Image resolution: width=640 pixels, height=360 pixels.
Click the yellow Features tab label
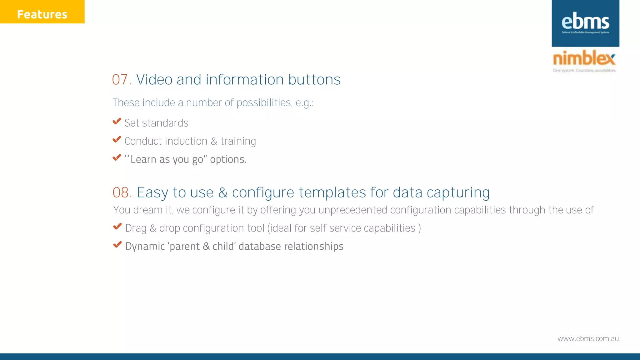pyautogui.click(x=42, y=14)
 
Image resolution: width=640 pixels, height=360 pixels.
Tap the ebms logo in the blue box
pyautogui.click(x=585, y=22)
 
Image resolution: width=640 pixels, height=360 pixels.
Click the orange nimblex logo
pyautogui.click(x=584, y=58)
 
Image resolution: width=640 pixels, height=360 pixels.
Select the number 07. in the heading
pyautogui.click(x=122, y=80)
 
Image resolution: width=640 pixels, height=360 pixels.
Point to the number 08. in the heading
pyautogui.click(x=122, y=192)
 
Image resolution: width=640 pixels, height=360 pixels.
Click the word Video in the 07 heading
pyautogui.click(x=154, y=80)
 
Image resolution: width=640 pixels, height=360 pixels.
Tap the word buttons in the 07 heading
pyautogui.click(x=314, y=80)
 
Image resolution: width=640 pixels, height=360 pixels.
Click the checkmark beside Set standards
pyautogui.click(x=117, y=121)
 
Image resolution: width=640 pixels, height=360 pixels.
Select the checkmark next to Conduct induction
pyautogui.click(x=117, y=139)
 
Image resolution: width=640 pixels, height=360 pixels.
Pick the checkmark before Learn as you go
pyautogui.click(x=117, y=157)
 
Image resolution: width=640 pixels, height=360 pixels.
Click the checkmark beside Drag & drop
pyautogui.click(x=117, y=227)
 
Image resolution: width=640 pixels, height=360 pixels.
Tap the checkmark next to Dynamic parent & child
pyautogui.click(x=117, y=245)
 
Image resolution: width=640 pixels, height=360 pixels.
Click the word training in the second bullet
pyautogui.click(x=238, y=141)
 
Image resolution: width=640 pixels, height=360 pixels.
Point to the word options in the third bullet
pyautogui.click(x=228, y=159)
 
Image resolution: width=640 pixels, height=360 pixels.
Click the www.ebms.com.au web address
pyautogui.click(x=588, y=339)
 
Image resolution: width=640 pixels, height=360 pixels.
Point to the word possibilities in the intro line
pyautogui.click(x=264, y=103)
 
